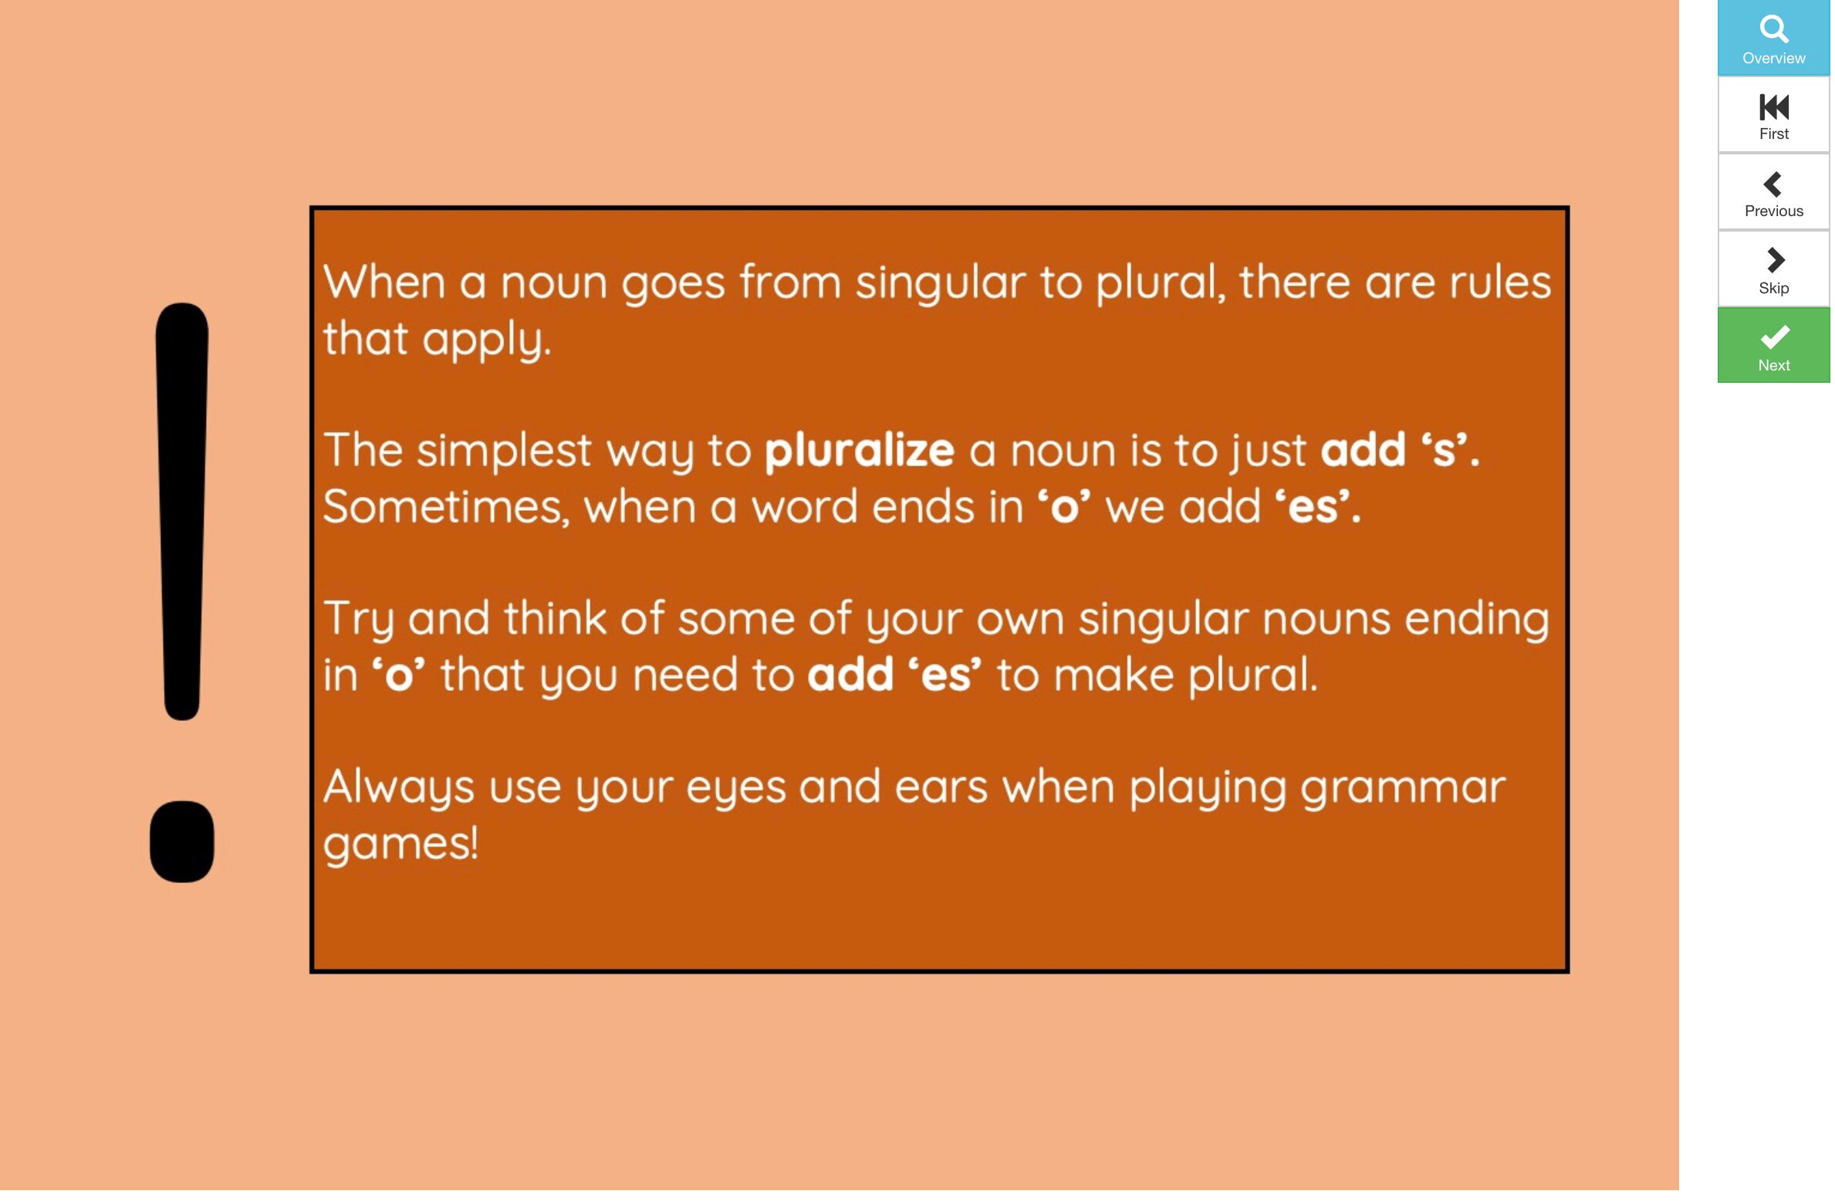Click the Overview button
click(x=1773, y=38)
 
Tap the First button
click(x=1773, y=115)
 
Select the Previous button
click(x=1773, y=192)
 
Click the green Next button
click(x=1773, y=347)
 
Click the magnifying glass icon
click(x=1773, y=29)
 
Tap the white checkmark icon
click(x=1774, y=337)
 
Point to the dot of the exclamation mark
click(x=182, y=842)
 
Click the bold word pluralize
click(x=859, y=451)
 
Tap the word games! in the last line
click(x=400, y=844)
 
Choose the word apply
click(x=486, y=340)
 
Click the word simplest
click(x=504, y=451)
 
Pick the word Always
click(x=398, y=789)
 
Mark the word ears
click(x=941, y=789)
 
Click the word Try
click(x=358, y=621)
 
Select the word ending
click(x=1476, y=621)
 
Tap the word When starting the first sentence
click(x=384, y=282)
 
